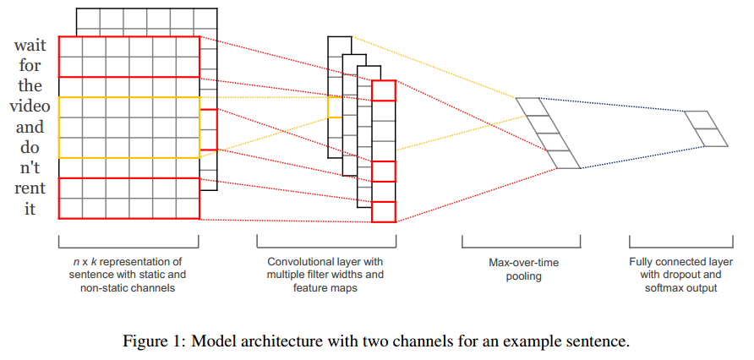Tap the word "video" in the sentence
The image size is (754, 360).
[30, 106]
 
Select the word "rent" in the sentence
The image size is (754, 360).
[30, 188]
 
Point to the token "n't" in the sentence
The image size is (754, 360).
[30, 167]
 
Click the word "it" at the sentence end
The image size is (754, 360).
[30, 209]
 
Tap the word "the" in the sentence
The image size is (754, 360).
[30, 86]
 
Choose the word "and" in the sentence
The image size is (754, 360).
[30, 128]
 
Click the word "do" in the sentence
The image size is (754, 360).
[30, 148]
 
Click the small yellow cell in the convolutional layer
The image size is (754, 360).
[335, 106]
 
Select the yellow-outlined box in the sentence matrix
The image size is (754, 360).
[128, 127]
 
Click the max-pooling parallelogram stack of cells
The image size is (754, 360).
[548, 134]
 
